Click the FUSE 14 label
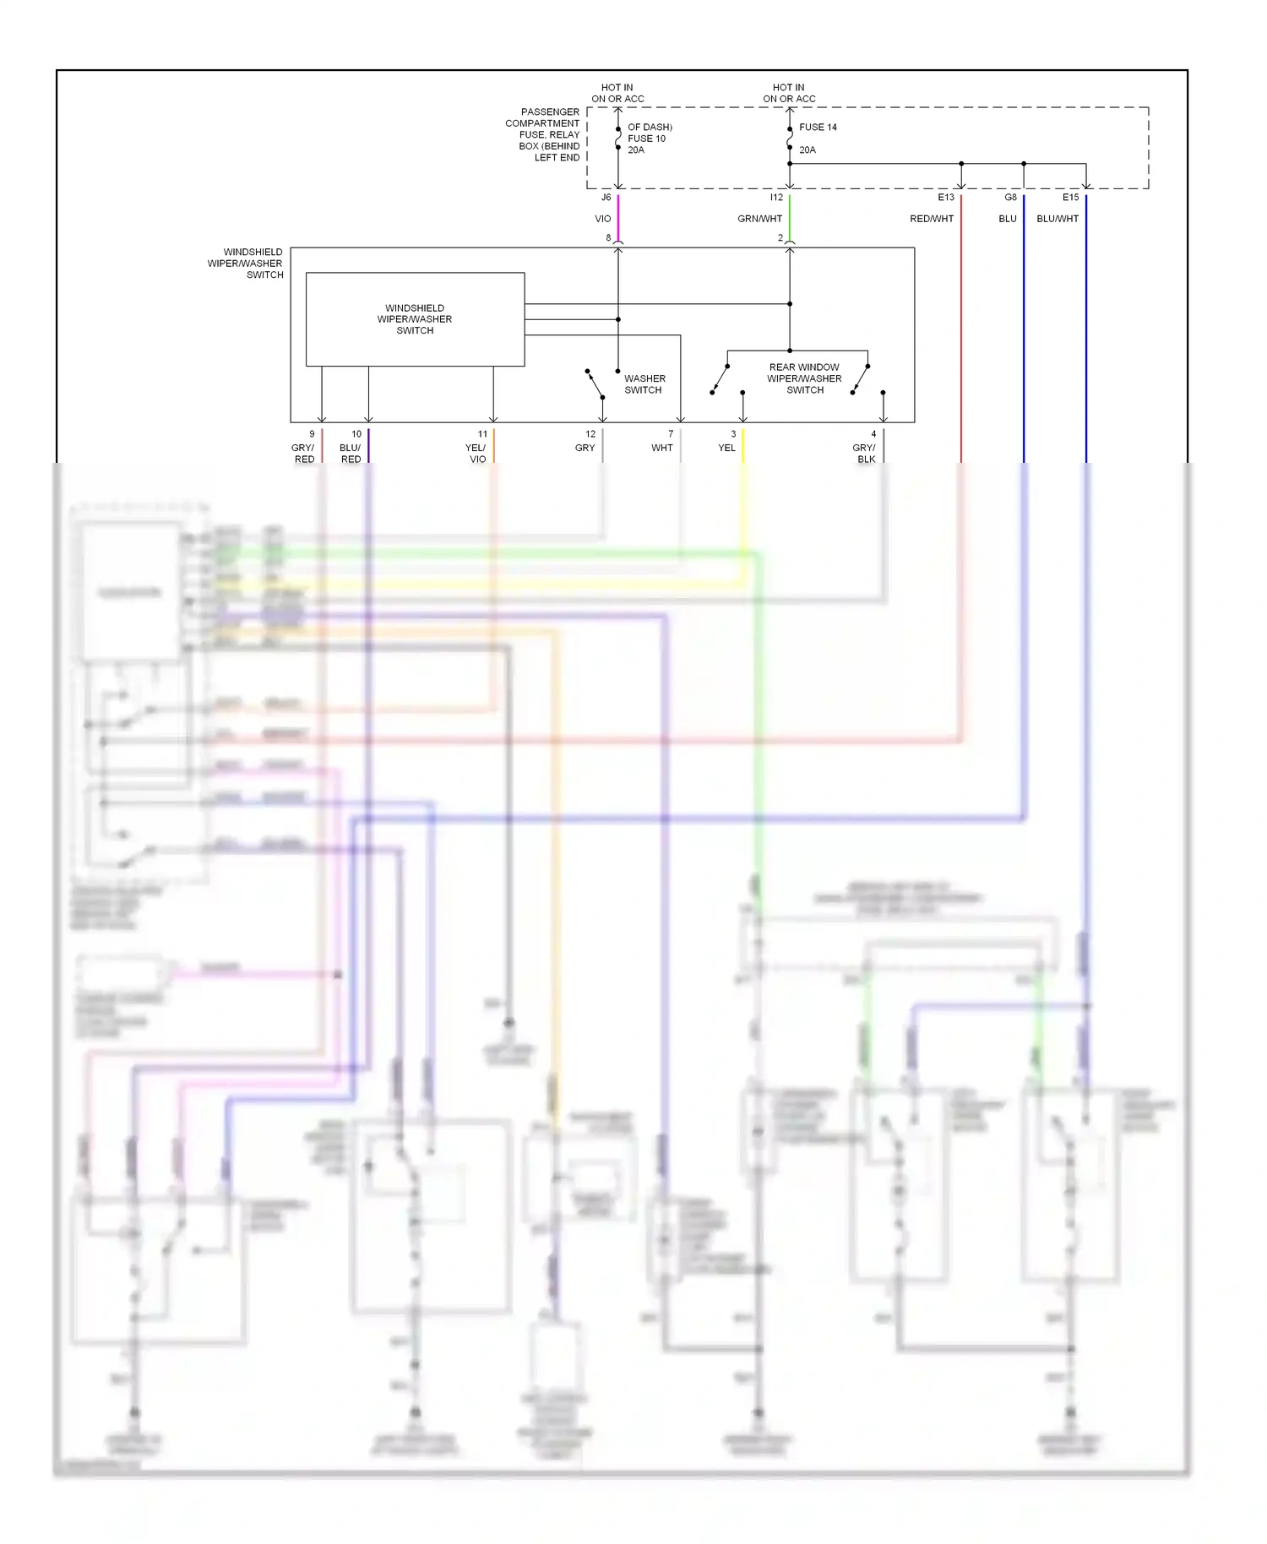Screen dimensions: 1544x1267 pos(818,128)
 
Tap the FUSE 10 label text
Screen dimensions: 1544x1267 pos(646,139)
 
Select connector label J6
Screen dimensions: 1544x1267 pos(606,198)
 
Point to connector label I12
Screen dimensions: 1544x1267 pos(776,198)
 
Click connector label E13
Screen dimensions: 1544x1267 pos(946,198)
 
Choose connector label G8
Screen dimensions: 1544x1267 pos(1010,198)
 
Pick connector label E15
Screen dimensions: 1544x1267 pos(1070,198)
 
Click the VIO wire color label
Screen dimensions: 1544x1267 pos(602,219)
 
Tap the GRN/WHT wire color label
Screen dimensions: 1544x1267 pos(759,219)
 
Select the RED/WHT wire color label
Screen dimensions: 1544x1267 pos(932,219)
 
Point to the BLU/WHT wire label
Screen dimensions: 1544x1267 pos(1058,219)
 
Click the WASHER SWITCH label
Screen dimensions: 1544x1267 pos(644,384)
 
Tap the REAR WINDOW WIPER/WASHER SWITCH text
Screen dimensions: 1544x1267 pos(804,378)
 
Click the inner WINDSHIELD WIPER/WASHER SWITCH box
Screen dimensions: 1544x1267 pos(415,319)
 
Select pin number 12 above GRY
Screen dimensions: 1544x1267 pos(590,434)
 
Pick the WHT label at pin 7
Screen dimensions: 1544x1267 pos(662,448)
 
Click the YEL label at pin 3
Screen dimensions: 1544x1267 pos(726,448)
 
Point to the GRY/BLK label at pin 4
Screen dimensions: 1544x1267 pos(864,454)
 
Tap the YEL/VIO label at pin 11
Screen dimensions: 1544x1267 pos(476,454)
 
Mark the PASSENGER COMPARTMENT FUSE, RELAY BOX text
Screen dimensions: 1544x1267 pos(547,134)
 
